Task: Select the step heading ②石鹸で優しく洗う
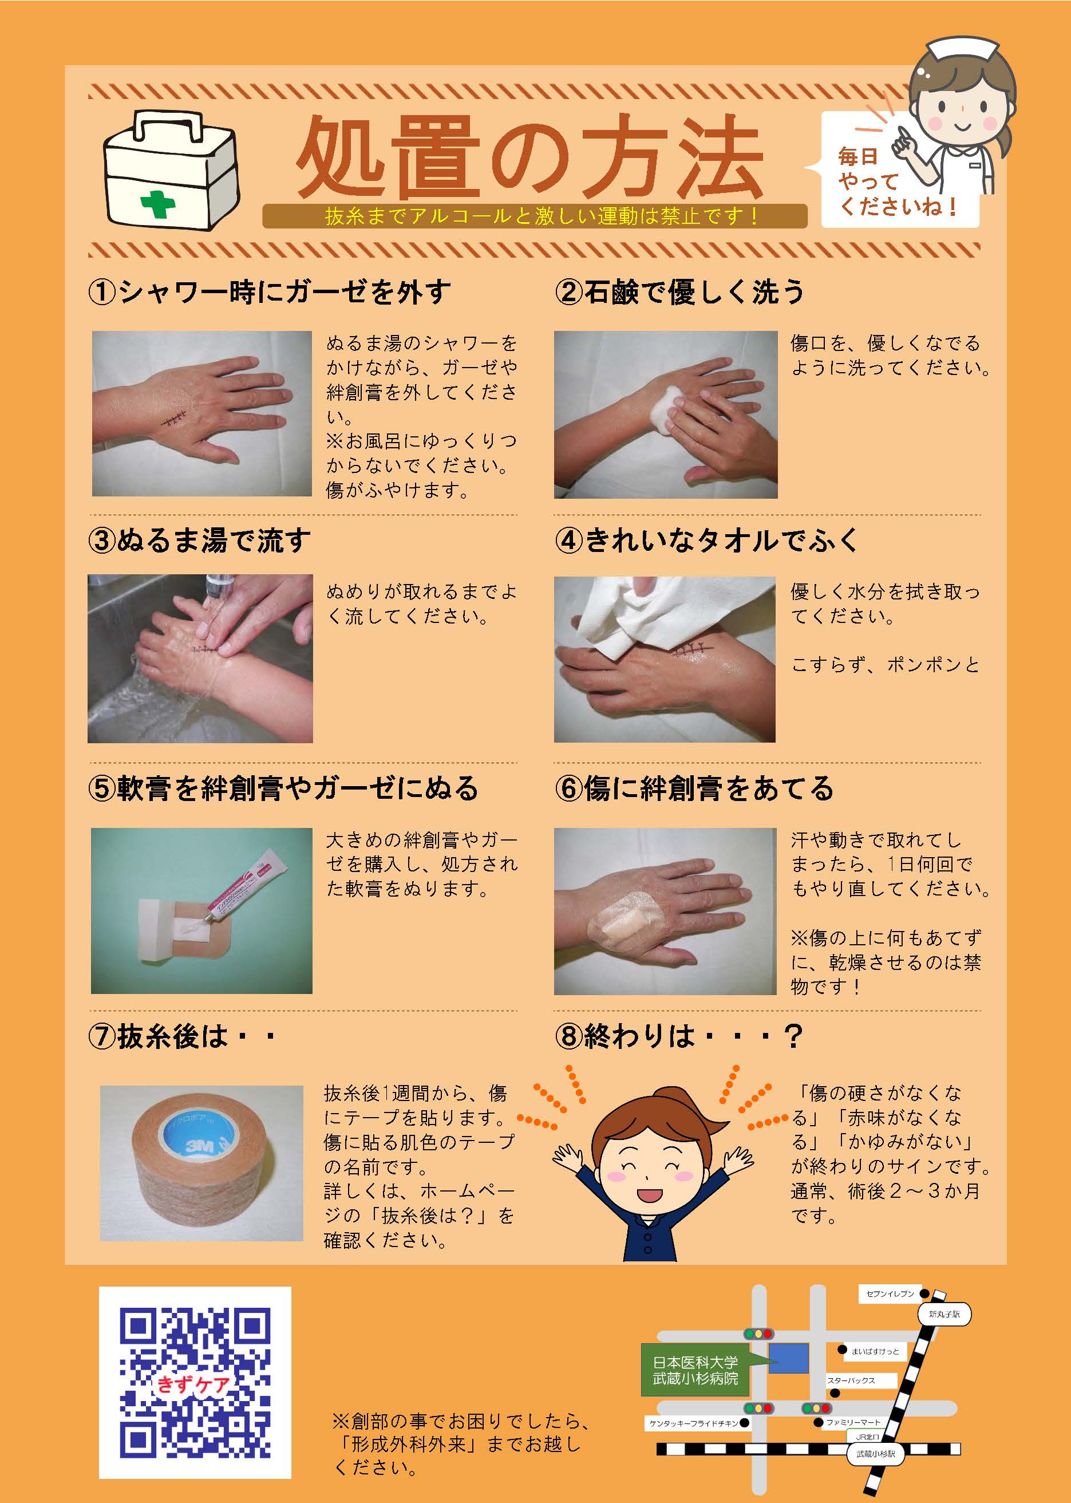tap(679, 291)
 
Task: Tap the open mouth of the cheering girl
tap(647, 1194)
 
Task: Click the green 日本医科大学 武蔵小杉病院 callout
tap(695, 1370)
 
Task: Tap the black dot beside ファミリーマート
tap(819, 1422)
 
